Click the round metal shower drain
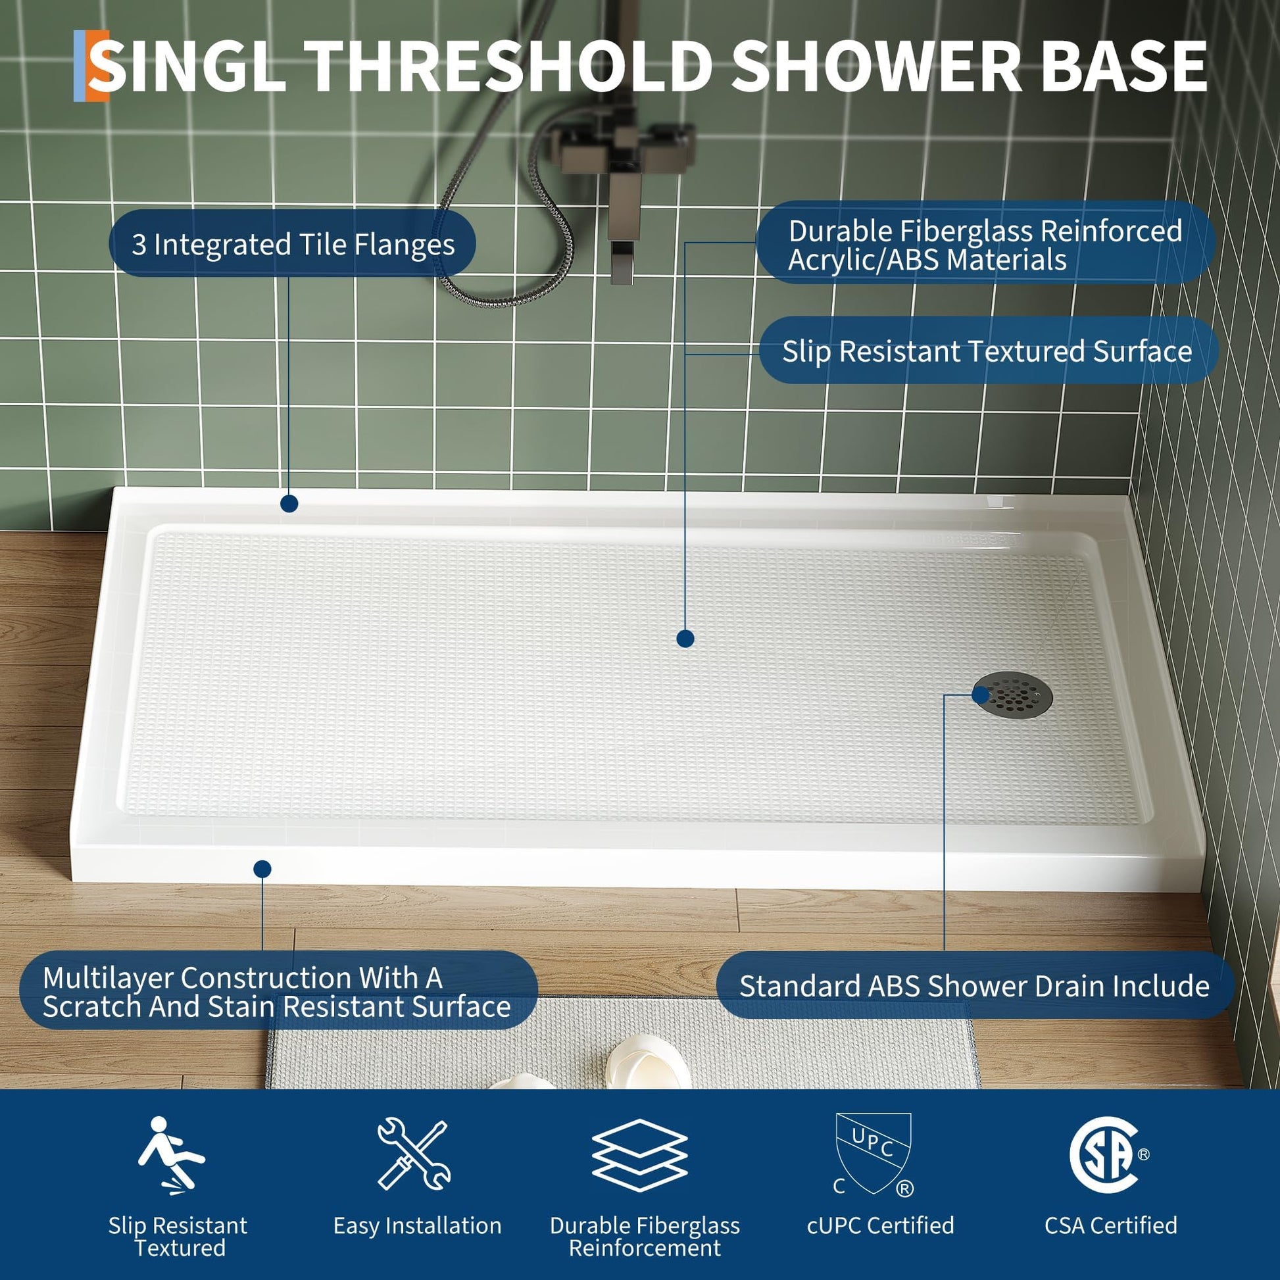(x=1012, y=695)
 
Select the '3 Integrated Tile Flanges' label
(x=292, y=244)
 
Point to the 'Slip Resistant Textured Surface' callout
(x=988, y=351)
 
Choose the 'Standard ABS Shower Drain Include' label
(x=975, y=986)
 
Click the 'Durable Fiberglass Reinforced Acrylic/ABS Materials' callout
(x=986, y=244)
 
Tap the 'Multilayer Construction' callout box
(x=278, y=991)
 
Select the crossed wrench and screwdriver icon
(x=414, y=1154)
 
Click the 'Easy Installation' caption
(x=418, y=1225)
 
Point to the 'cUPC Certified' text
(x=881, y=1225)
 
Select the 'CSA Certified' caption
(x=1111, y=1225)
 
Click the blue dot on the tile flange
(x=289, y=504)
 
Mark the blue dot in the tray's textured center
(x=685, y=639)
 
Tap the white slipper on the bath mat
(x=648, y=1060)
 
